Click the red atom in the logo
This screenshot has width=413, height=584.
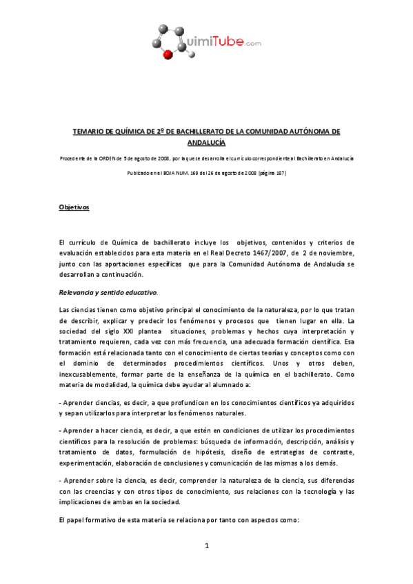pyautogui.click(x=167, y=56)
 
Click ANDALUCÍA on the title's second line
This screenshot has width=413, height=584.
pyautogui.click(x=206, y=142)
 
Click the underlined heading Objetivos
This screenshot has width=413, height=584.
pyautogui.click(x=73, y=207)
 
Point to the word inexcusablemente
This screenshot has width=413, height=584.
pyautogui.click(x=86, y=375)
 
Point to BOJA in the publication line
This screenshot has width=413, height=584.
pyautogui.click(x=177, y=173)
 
